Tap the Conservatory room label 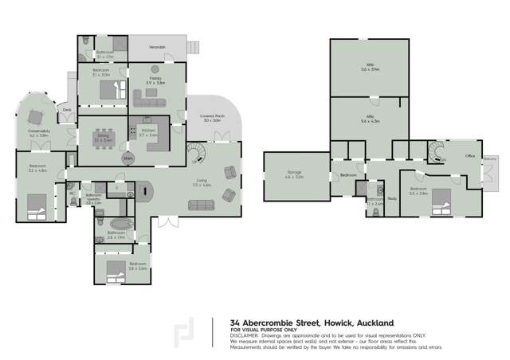point(39,135)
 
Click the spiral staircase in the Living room point(194,151)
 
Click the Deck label point(67,110)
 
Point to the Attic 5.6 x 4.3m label point(371,119)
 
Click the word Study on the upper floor point(392,199)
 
